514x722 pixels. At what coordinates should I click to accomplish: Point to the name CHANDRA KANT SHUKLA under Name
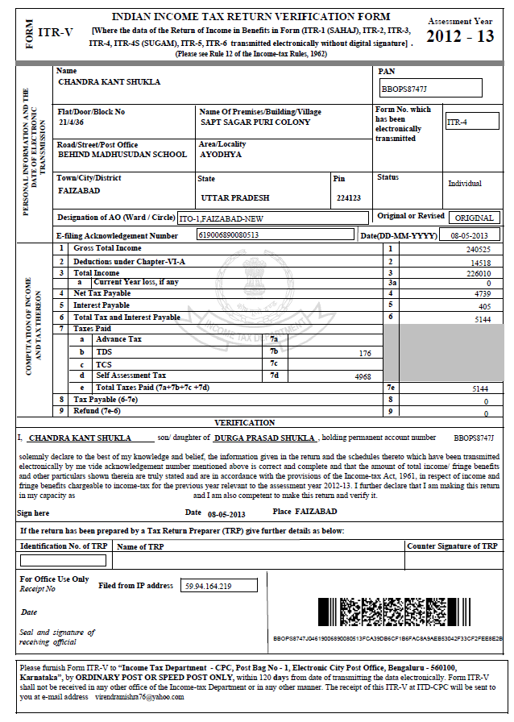(110, 81)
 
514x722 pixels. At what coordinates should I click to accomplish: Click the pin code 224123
(349, 197)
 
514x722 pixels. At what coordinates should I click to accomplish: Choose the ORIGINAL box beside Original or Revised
(474, 218)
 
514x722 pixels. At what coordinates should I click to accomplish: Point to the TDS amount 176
(364, 353)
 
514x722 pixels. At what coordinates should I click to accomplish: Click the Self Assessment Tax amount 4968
(359, 376)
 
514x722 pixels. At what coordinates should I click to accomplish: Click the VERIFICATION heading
(245, 422)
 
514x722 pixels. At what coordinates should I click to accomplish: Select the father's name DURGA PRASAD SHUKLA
(264, 438)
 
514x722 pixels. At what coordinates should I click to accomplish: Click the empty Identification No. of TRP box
(63, 561)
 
